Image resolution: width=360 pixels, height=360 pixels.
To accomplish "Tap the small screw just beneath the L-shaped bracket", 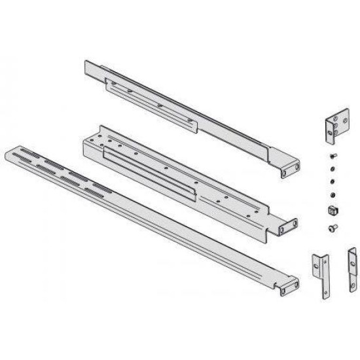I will pyautogui.click(x=332, y=155).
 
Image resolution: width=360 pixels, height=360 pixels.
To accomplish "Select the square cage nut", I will pyautogui.click(x=331, y=211).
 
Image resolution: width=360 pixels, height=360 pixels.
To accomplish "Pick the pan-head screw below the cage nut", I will pyautogui.click(x=331, y=227).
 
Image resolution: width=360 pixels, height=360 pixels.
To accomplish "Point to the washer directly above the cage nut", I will pyautogui.click(x=332, y=195).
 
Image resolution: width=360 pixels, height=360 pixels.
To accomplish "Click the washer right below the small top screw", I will pyautogui.click(x=332, y=167).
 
